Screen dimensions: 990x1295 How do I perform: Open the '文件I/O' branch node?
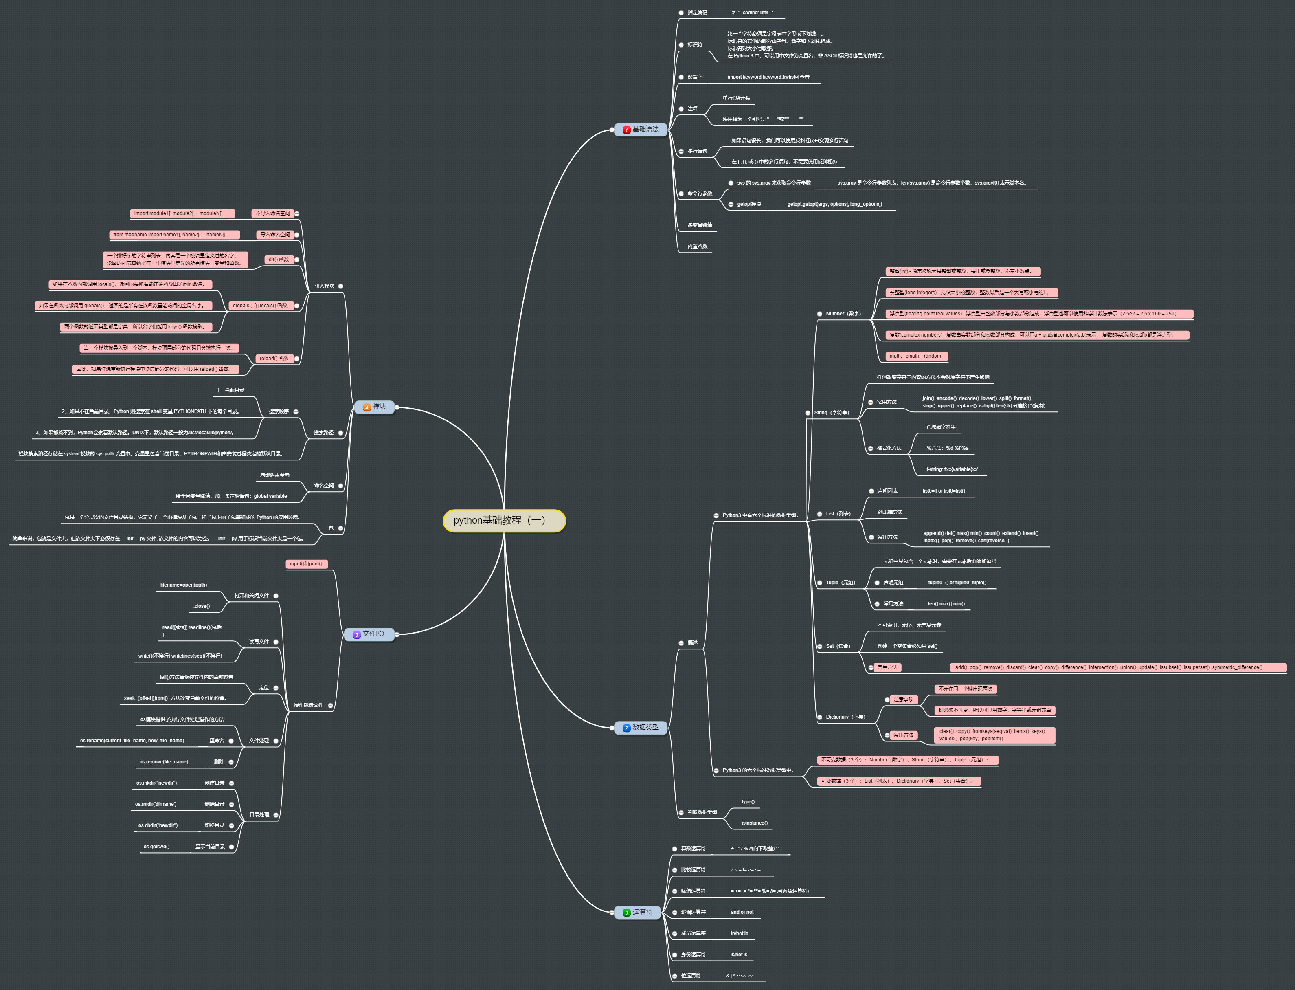(x=369, y=634)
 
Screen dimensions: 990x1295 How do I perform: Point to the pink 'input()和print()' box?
(x=306, y=564)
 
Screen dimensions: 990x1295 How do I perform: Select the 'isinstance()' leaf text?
(x=754, y=823)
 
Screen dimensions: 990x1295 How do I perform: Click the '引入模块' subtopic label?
(x=324, y=286)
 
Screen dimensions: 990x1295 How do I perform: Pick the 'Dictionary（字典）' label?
(x=845, y=717)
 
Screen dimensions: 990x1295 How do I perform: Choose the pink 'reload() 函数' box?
(x=274, y=358)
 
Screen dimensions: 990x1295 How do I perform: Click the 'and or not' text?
(x=742, y=912)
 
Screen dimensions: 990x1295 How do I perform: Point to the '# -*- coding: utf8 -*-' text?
(x=753, y=12)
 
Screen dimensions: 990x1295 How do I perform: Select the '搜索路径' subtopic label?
(x=323, y=433)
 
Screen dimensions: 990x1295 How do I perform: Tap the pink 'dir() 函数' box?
(x=279, y=259)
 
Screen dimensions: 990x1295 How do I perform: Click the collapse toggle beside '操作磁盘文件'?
(x=330, y=705)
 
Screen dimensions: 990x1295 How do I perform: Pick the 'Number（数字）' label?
(x=843, y=314)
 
